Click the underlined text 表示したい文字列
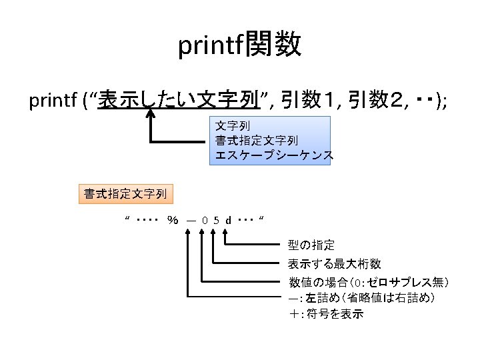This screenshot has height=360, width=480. coord(178,101)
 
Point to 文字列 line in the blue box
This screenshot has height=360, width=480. coord(233,125)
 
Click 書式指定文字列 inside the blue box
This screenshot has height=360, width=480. coord(257,140)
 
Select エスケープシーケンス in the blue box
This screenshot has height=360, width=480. coord(273,155)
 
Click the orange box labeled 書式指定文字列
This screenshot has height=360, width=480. coord(125,194)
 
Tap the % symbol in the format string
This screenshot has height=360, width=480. coord(173,219)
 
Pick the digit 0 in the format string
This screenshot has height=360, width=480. coord(204,219)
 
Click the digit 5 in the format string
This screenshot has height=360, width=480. coord(216,219)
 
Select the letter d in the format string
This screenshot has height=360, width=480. coord(228,219)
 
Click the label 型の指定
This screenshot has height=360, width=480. coord(311,245)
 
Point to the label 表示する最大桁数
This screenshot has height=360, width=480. coord(334,263)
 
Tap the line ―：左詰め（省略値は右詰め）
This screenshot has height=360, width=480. coord(363,297)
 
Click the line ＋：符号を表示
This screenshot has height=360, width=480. coord(326,313)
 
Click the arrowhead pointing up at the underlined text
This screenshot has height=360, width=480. coord(151,115)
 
